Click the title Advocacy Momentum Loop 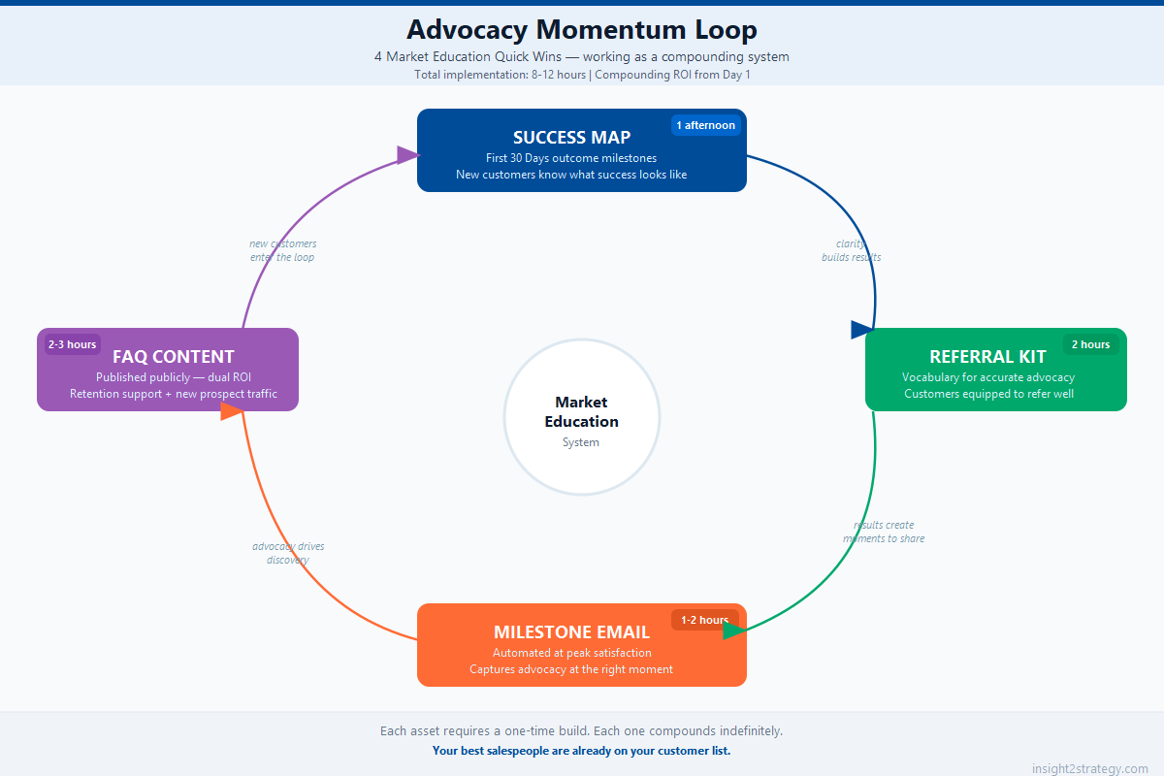point(582,29)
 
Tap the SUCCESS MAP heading point(571,138)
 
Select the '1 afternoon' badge point(705,125)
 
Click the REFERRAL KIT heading point(987,357)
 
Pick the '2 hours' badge point(1090,344)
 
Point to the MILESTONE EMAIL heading point(571,632)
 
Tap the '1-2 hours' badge point(704,620)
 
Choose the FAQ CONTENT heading point(173,357)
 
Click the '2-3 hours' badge point(73,344)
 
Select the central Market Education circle point(582,417)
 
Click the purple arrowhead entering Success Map point(408,154)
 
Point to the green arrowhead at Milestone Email point(733,630)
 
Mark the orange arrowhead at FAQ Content point(231,411)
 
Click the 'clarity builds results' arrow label point(851,250)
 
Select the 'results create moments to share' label point(884,532)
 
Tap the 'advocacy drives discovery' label point(288,553)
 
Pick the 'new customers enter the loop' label point(282,250)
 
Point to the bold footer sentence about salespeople point(581,751)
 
